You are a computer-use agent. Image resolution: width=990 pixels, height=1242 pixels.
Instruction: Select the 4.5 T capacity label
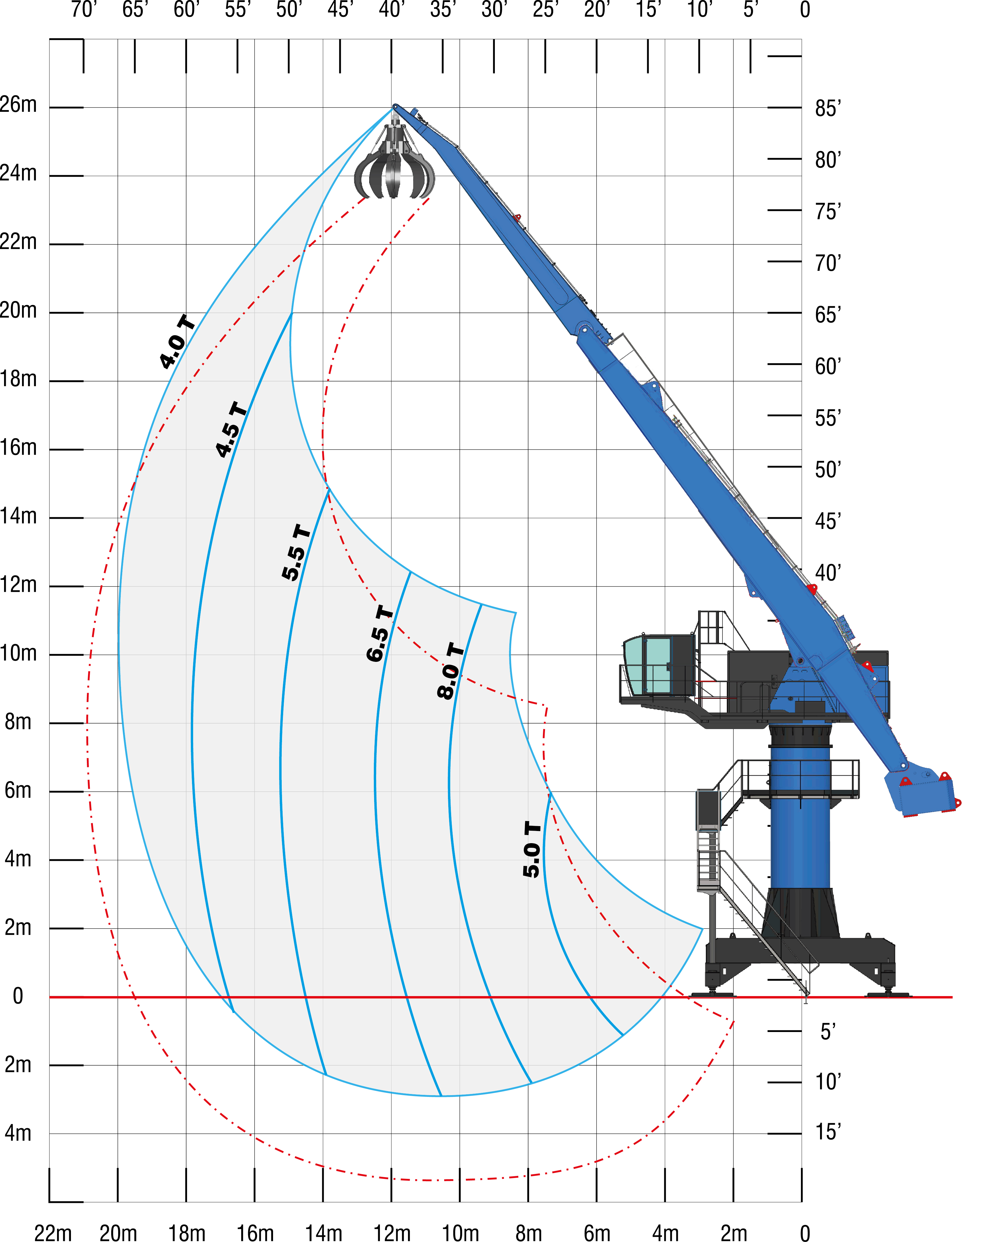pyautogui.click(x=232, y=429)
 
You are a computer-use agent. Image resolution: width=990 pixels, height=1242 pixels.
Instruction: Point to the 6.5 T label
pyautogui.click(x=380, y=633)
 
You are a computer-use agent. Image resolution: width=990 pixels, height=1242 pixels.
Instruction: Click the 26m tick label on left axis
pyautogui.click(x=19, y=105)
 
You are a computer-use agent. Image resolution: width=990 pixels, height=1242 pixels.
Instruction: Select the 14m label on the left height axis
pyautogui.click(x=19, y=516)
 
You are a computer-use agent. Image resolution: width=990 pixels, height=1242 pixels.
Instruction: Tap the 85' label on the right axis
pyautogui.click(x=828, y=108)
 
